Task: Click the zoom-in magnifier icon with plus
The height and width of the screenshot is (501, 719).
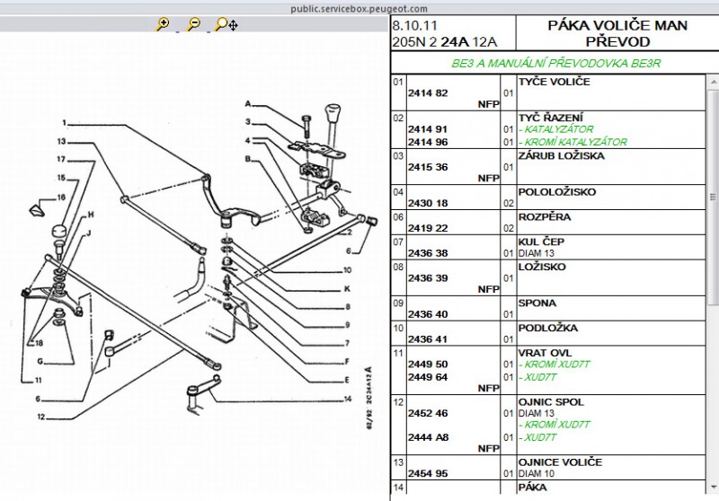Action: point(163,24)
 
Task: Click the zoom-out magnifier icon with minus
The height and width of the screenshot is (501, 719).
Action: point(193,24)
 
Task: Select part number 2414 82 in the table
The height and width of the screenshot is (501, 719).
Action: point(428,93)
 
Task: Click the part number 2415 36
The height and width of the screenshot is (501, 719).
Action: point(428,167)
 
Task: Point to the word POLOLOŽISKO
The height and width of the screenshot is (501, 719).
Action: point(556,192)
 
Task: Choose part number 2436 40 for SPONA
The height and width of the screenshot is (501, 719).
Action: point(428,314)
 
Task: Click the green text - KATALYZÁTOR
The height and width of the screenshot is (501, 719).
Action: point(555,129)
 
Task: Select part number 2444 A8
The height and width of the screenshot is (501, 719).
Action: point(429,437)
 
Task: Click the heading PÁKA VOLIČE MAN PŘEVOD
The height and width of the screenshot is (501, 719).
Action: point(617,33)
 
